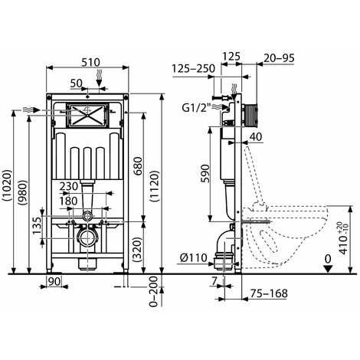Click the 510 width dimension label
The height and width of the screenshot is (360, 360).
[91, 63]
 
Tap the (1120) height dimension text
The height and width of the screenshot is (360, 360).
[155, 187]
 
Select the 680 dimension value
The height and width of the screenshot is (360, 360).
[138, 166]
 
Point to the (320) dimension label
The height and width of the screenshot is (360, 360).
[138, 250]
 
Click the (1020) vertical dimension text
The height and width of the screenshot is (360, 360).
[7, 186]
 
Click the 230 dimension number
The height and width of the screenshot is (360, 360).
[69, 186]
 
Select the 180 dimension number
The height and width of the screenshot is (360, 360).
[68, 201]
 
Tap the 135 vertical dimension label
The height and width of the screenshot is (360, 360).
[37, 225]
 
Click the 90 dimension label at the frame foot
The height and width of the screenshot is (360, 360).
[54, 282]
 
